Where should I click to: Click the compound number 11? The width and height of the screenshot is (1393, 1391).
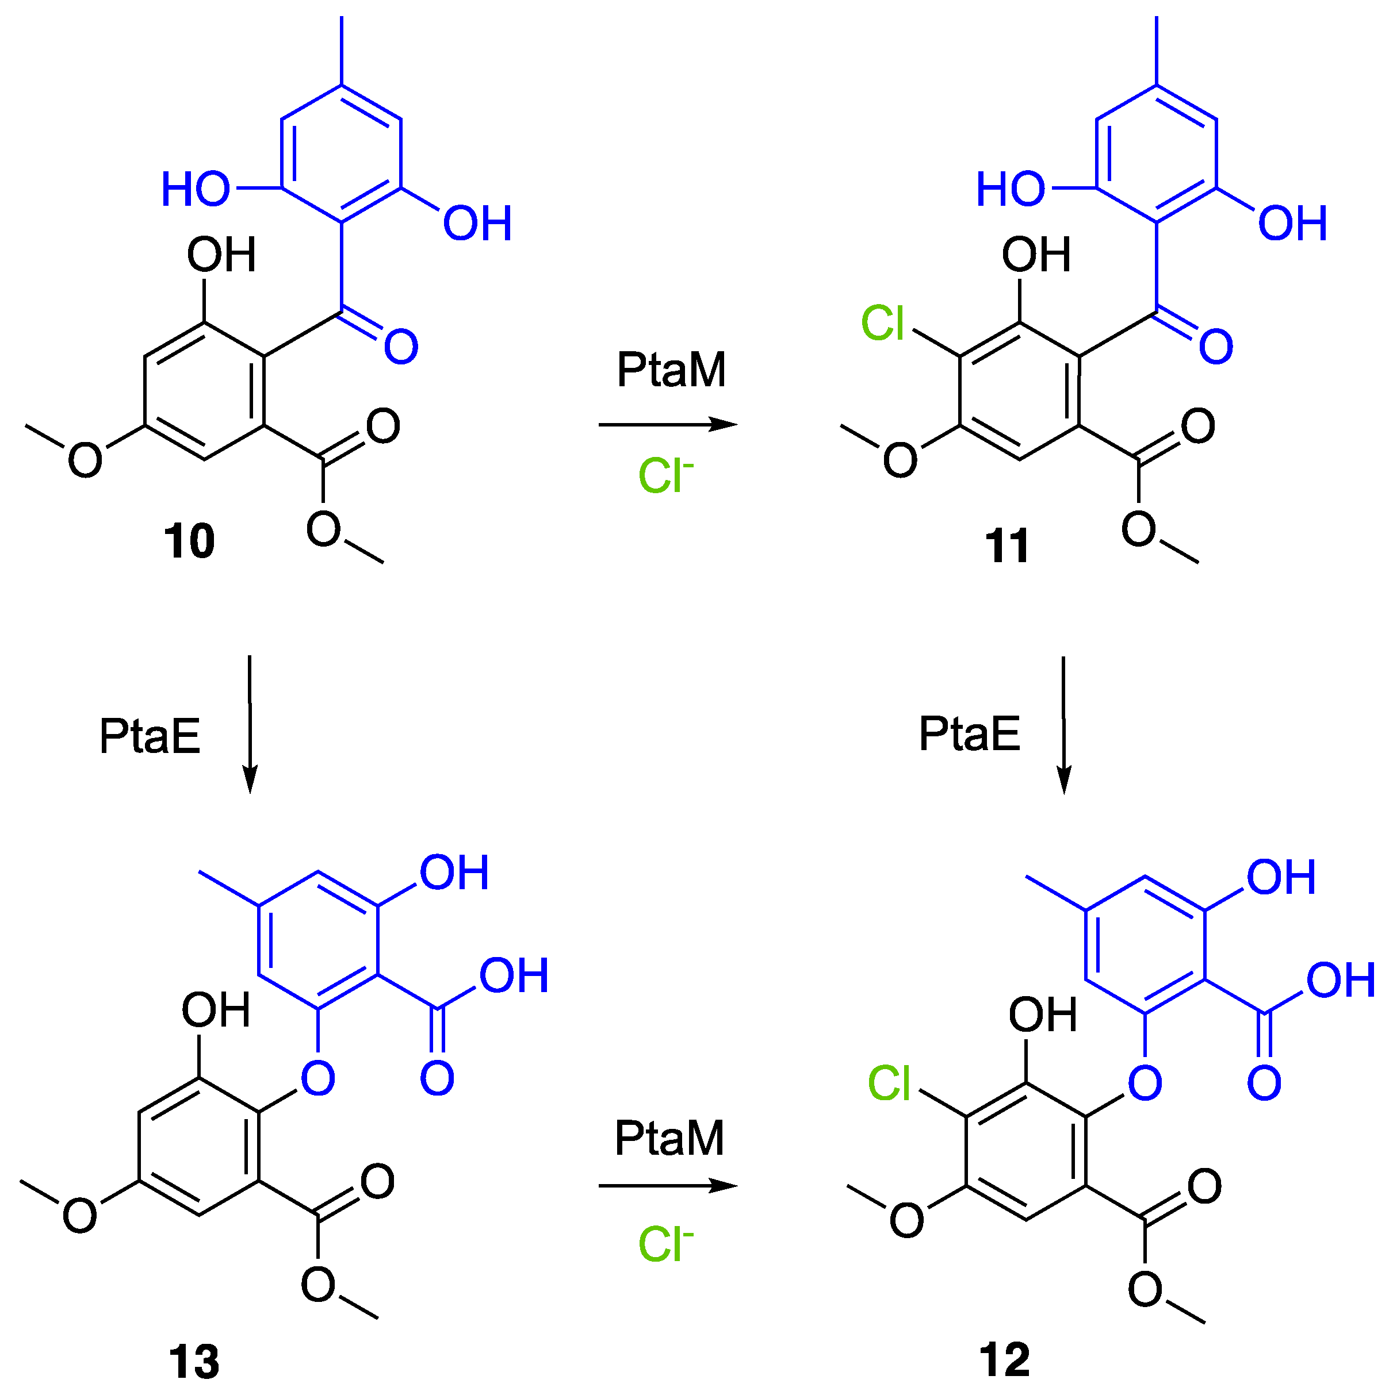tap(1007, 545)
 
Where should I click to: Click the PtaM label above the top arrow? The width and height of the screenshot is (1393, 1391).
tap(671, 370)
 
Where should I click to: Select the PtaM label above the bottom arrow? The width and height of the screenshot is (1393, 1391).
tap(669, 1139)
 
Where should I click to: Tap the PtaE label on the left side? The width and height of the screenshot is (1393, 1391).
tap(150, 736)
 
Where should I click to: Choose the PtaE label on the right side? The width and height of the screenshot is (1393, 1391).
tap(970, 733)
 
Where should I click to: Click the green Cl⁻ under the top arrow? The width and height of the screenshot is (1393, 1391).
tap(665, 476)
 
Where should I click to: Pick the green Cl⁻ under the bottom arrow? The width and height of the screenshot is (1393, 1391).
tap(665, 1244)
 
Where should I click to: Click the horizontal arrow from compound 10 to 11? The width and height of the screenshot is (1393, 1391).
tap(668, 425)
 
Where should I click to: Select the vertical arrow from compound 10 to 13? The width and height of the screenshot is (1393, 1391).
tap(250, 724)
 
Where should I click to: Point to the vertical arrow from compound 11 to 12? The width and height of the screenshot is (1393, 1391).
tap(1063, 724)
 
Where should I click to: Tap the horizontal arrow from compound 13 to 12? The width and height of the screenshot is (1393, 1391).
tap(668, 1186)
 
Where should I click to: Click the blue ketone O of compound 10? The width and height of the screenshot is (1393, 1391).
tap(401, 347)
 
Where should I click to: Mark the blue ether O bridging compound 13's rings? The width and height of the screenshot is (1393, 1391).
tap(318, 1079)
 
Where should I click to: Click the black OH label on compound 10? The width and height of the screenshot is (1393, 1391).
tap(221, 255)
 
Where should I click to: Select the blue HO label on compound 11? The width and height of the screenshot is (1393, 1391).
tap(1010, 189)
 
